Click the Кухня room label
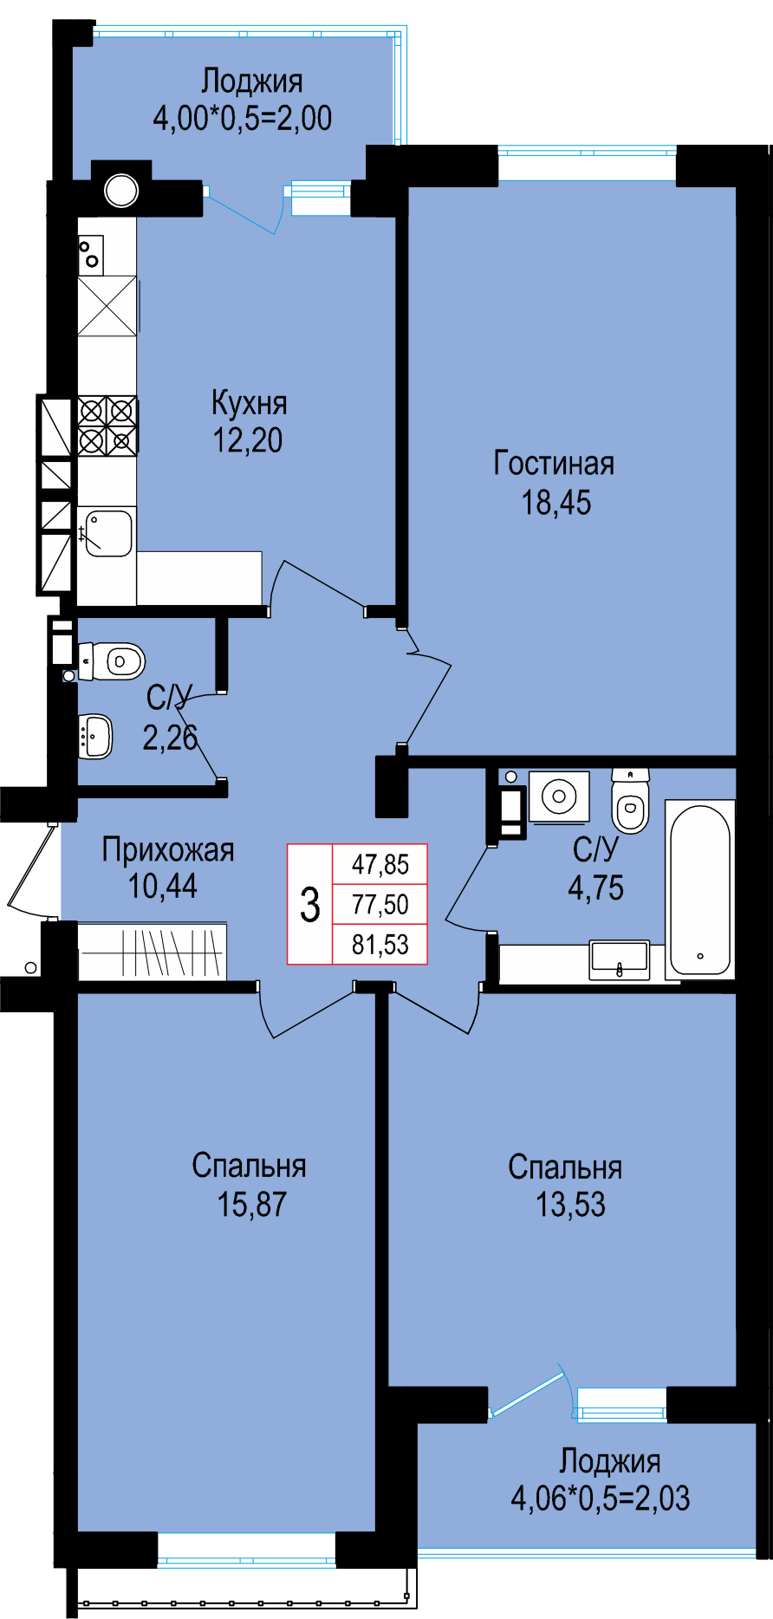249,403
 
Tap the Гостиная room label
554,464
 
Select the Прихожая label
168,850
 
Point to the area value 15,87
251,1205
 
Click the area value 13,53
570,1205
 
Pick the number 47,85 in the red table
380,864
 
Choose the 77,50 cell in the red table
380,905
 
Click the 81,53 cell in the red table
380,944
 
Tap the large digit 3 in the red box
310,904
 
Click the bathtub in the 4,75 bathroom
700,890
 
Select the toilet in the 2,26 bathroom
112,662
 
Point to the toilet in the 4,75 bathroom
630,801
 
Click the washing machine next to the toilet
559,796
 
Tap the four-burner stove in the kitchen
107,426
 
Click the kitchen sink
107,532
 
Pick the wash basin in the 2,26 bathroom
95,736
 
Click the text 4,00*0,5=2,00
243,118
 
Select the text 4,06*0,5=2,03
601,1499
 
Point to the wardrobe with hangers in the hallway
153,953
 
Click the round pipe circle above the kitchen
121,191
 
